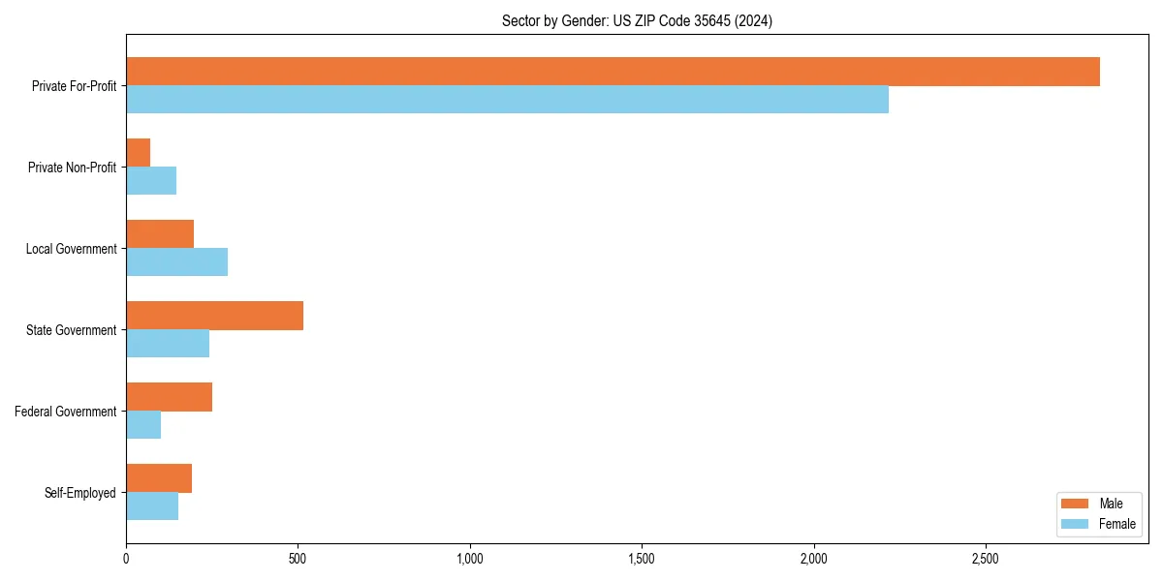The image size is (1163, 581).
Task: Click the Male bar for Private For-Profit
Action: [x=613, y=72]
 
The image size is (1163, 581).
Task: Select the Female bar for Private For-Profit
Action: [x=507, y=100]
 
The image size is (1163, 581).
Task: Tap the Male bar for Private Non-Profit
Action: [x=138, y=153]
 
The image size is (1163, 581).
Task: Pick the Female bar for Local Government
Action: [x=176, y=262]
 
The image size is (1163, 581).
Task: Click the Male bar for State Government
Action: [x=214, y=316]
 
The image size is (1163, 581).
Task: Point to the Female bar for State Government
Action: [x=168, y=344]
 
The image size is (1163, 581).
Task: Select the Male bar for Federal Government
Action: [x=169, y=397]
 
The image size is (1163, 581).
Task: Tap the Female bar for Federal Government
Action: [x=143, y=425]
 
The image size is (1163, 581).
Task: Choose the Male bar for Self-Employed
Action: [x=159, y=478]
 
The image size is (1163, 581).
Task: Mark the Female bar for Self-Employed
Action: [x=152, y=506]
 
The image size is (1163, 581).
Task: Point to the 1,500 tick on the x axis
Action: [x=642, y=559]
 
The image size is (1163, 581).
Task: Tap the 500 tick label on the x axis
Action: [x=298, y=559]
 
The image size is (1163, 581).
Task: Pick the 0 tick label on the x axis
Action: [x=126, y=559]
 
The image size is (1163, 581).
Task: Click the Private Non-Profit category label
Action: [x=72, y=168]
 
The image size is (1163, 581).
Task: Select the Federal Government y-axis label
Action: [x=66, y=412]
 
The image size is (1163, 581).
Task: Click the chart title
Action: [x=637, y=20]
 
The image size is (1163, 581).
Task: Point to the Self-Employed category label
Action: [x=80, y=493]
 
